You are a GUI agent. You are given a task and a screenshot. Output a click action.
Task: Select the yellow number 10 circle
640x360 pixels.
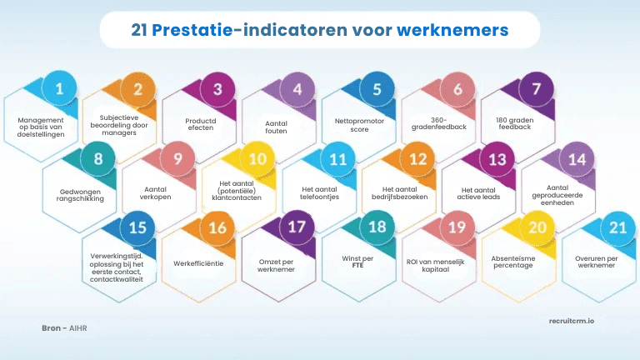(x=257, y=158)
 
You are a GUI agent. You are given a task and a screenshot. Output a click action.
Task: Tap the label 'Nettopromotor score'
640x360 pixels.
(x=353, y=125)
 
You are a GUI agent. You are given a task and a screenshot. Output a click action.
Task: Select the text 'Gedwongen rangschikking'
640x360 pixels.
(x=74, y=196)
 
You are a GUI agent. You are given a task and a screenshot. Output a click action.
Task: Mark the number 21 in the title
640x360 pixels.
(x=142, y=31)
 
